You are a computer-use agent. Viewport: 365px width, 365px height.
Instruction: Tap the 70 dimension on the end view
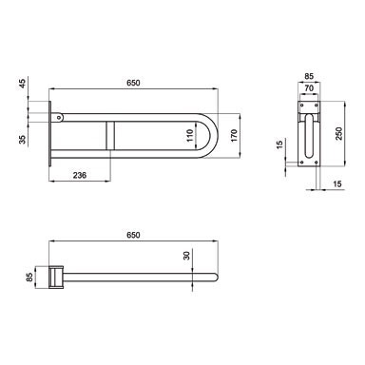click(x=309, y=93)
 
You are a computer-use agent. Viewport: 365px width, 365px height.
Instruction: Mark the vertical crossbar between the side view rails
click(x=110, y=135)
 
